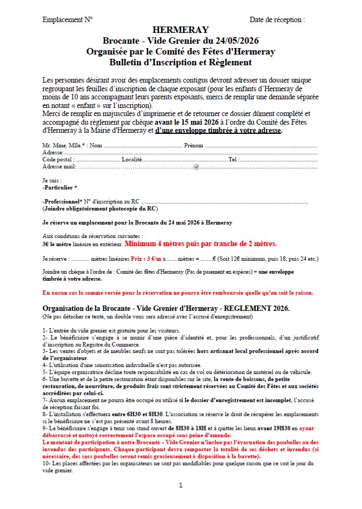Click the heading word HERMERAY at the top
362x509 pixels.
(x=180, y=30)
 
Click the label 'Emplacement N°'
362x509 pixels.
(x=68, y=19)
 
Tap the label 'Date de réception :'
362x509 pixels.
(x=277, y=19)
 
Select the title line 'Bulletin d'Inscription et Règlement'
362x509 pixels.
(x=180, y=62)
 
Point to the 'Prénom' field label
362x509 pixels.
(x=193, y=146)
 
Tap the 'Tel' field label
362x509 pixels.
(x=232, y=160)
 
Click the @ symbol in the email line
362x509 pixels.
(x=196, y=167)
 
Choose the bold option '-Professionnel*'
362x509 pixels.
(x=62, y=201)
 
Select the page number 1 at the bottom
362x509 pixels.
(x=180, y=485)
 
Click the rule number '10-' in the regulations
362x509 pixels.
(x=46, y=464)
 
